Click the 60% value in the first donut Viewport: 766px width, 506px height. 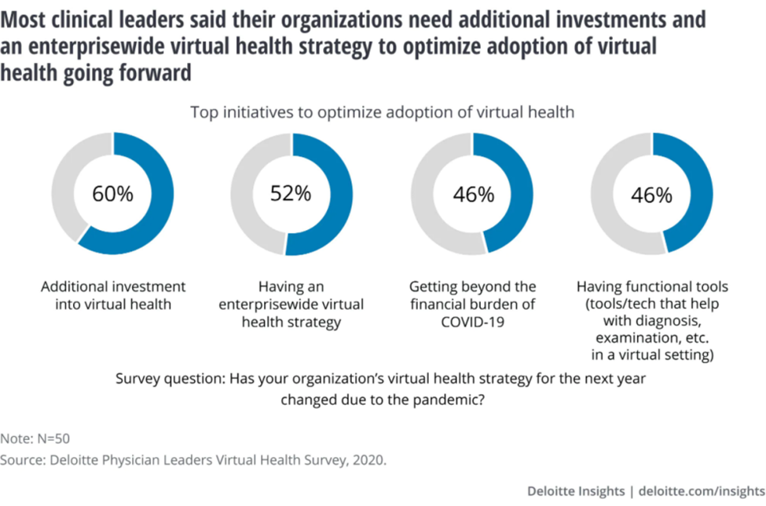[x=112, y=195]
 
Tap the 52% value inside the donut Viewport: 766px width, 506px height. [x=291, y=194]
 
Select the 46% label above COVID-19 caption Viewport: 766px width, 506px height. [x=472, y=195]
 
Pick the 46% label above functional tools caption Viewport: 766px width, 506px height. [x=651, y=195]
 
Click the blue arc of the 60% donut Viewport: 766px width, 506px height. [x=160, y=212]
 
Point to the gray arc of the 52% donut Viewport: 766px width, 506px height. [x=244, y=194]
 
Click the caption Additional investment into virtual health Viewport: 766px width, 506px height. [x=112, y=296]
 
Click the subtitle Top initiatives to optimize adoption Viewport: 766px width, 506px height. [x=383, y=112]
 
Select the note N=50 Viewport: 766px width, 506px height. [x=40, y=439]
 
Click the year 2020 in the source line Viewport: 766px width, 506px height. [x=368, y=460]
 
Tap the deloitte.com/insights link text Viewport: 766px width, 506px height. [x=702, y=491]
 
